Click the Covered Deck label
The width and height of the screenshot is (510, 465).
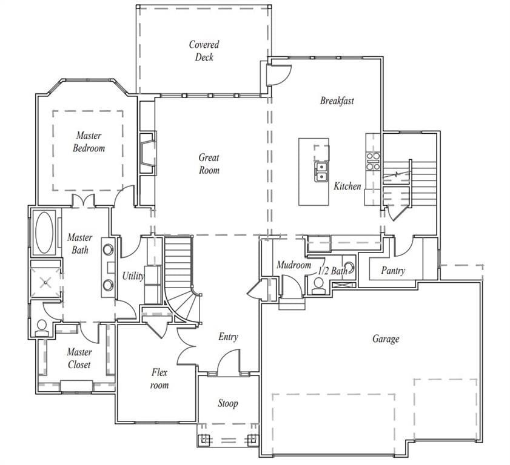[x=204, y=51]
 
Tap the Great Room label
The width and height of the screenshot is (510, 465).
[x=209, y=163]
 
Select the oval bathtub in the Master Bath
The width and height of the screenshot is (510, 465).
[x=44, y=232]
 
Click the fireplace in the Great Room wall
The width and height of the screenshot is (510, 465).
[x=148, y=153]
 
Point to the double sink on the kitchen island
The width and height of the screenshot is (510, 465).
[x=321, y=172]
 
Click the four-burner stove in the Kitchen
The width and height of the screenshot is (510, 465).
[x=373, y=162]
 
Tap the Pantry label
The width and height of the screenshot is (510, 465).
[x=393, y=271]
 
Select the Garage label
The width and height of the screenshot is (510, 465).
[x=386, y=338]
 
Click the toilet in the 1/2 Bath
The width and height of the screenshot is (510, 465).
[x=319, y=286]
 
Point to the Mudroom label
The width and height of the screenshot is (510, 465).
[x=294, y=265]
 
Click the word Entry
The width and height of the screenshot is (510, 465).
[x=228, y=337]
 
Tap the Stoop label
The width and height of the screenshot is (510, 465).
[x=227, y=403]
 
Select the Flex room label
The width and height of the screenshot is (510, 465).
[x=159, y=378]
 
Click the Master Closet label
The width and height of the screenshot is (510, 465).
[x=79, y=358]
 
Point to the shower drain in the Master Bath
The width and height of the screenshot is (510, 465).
[x=45, y=283]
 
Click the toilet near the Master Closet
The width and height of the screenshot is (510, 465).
[x=42, y=328]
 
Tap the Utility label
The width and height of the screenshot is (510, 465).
[x=133, y=276]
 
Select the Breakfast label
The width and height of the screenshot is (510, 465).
[x=337, y=101]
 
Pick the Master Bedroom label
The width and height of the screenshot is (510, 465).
[x=89, y=142]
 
